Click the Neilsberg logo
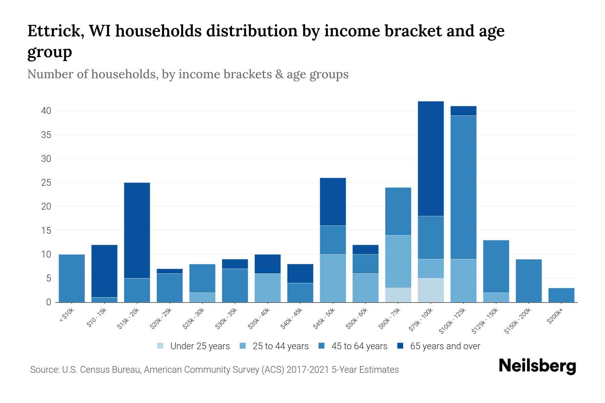pyautogui.click(x=537, y=366)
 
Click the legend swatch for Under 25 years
pyautogui.click(x=161, y=346)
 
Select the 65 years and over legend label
pyautogui.click(x=445, y=346)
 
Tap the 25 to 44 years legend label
pyautogui.click(x=281, y=346)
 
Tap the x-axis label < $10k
pyautogui.click(x=67, y=315)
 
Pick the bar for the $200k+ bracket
pyautogui.click(x=561, y=295)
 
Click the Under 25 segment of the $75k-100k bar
pyautogui.click(x=431, y=290)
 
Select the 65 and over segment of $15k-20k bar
pyautogui.click(x=137, y=230)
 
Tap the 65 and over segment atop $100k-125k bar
pyautogui.click(x=463, y=111)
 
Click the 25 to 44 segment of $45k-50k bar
pyautogui.click(x=333, y=278)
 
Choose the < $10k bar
pyautogui.click(x=72, y=278)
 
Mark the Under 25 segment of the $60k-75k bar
pyautogui.click(x=398, y=295)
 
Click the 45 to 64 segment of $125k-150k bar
pyautogui.click(x=496, y=266)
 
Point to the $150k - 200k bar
pyautogui.click(x=529, y=280)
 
